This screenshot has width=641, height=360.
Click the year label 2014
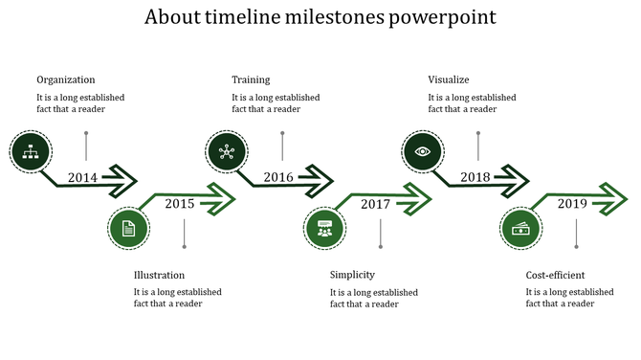[x=83, y=177]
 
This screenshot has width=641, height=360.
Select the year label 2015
[x=179, y=203]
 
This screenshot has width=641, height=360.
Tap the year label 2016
[x=278, y=177]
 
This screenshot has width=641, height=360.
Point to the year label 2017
[x=375, y=203]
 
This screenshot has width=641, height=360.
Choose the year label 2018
[x=475, y=177]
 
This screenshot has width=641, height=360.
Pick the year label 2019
[x=572, y=203]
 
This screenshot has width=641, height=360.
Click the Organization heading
[x=66, y=79]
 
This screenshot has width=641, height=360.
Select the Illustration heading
[x=159, y=275]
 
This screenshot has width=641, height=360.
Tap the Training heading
[x=251, y=79]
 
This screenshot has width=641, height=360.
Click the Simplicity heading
[x=352, y=275]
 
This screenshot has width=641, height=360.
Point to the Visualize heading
[x=449, y=79]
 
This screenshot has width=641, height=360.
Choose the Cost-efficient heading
[x=555, y=275]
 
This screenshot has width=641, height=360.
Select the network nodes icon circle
[x=226, y=149]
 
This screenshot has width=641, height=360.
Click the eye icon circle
[x=422, y=149]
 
